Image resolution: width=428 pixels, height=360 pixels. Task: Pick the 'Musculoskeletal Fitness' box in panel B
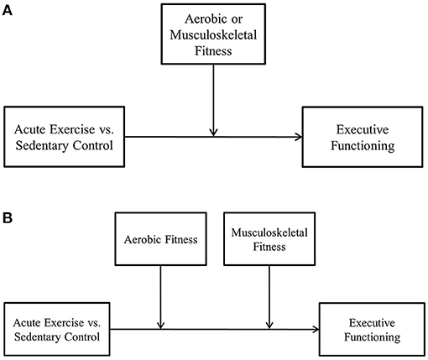point(268,239)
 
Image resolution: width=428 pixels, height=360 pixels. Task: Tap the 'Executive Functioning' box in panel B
point(372,329)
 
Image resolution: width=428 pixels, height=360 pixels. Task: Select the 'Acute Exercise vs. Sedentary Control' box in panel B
point(56,329)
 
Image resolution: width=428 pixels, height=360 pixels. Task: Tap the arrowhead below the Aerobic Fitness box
point(159,325)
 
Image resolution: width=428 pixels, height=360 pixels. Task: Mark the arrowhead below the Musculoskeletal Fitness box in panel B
point(268,325)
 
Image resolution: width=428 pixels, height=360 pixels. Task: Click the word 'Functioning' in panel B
point(372,337)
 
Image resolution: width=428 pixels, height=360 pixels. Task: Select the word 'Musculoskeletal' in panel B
point(268,232)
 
